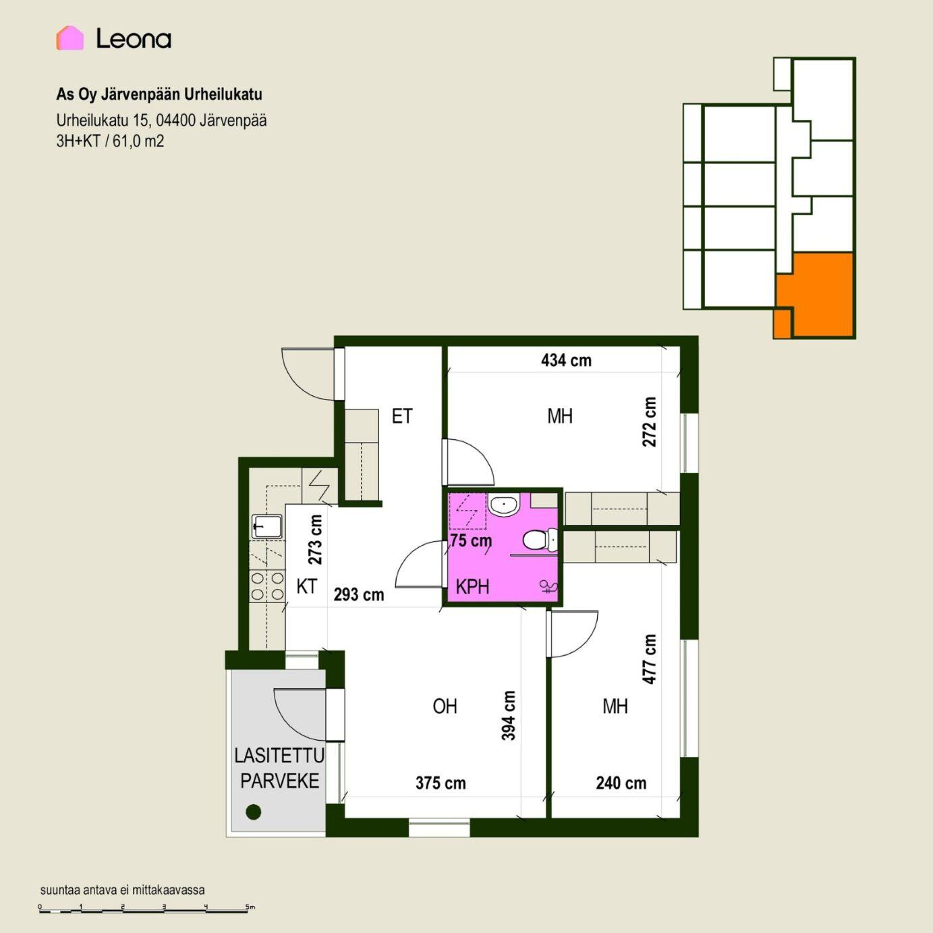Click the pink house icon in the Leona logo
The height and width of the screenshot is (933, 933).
(69, 38)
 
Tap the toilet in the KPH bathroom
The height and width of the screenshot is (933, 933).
(540, 539)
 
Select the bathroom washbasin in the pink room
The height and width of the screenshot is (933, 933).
(503, 505)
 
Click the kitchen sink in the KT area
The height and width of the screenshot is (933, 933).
(266, 526)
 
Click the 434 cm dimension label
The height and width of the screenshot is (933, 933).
(566, 361)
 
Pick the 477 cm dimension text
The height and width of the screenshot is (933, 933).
(649, 660)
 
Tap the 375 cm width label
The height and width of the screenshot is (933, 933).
(441, 783)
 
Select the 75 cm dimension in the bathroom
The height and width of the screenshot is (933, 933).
(471, 540)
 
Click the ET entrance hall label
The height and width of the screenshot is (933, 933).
(402, 416)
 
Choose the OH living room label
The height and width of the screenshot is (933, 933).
(445, 706)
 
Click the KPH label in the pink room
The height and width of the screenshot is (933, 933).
(472, 587)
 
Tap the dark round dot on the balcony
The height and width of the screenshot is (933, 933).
(254, 812)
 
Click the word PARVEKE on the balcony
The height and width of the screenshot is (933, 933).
(280, 781)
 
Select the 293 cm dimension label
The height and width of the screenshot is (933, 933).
(359, 594)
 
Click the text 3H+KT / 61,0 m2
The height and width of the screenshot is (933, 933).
(110, 141)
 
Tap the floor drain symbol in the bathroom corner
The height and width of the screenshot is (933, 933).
(549, 587)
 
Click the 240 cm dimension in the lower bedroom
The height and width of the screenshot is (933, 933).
(621, 783)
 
